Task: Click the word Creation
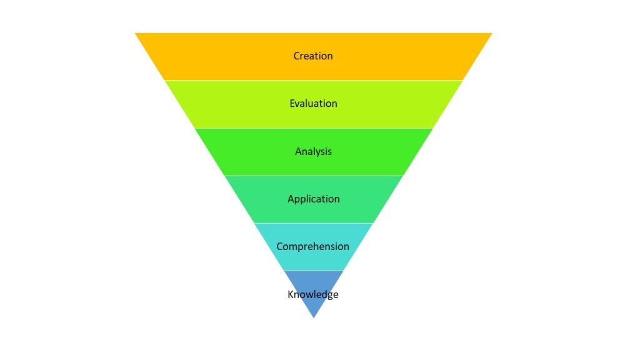click(x=313, y=56)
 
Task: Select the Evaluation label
click(x=313, y=104)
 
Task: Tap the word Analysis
click(x=313, y=151)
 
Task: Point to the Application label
click(x=313, y=199)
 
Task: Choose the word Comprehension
click(x=312, y=246)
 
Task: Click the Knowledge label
click(x=313, y=294)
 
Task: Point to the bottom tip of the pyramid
click(x=314, y=316)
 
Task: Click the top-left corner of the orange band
click(x=136, y=34)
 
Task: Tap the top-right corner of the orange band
click(x=491, y=34)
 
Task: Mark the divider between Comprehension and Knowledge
click(x=314, y=271)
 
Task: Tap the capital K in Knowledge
click(x=291, y=294)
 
